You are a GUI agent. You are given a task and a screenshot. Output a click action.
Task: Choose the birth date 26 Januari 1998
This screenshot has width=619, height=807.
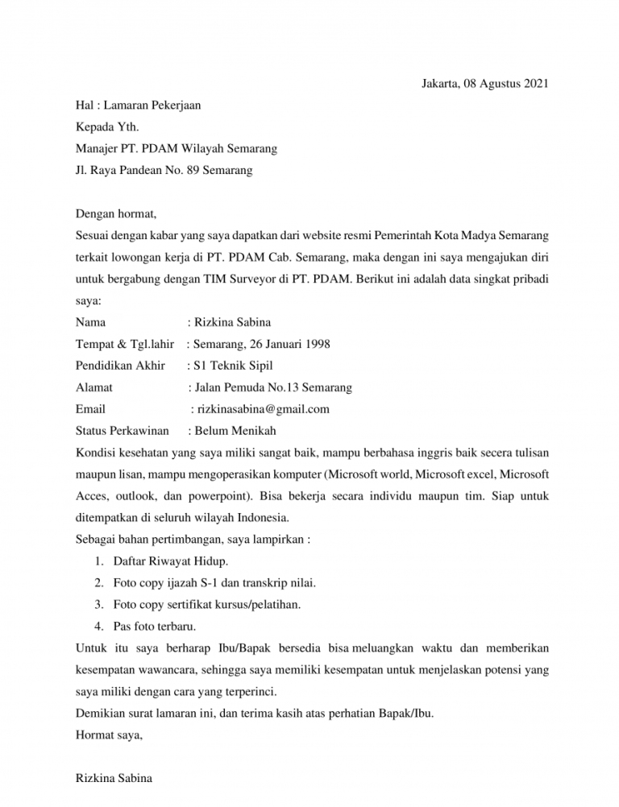[289, 345]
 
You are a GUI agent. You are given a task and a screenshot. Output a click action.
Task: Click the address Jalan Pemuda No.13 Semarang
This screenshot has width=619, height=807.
[272, 388]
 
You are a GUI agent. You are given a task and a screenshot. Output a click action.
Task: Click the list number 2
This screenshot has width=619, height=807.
[98, 581]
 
